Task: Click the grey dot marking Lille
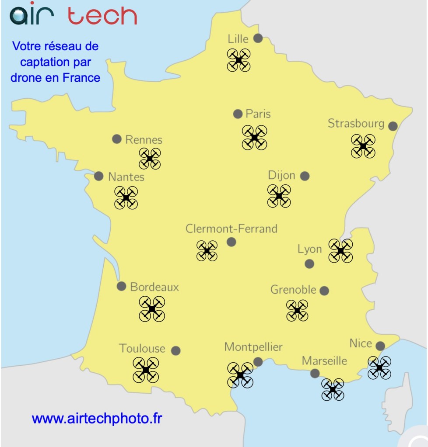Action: (x=258, y=38)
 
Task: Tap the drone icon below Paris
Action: (x=254, y=138)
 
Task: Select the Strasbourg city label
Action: (x=356, y=124)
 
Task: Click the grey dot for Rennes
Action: (x=116, y=139)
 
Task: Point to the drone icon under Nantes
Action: (x=126, y=198)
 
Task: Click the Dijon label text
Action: (x=281, y=176)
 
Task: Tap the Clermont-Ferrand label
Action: (x=231, y=229)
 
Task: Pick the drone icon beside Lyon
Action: (x=340, y=251)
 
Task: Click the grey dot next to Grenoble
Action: (x=324, y=291)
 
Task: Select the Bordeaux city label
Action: (x=154, y=287)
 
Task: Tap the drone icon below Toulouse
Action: (x=146, y=370)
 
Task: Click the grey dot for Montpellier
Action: (x=258, y=362)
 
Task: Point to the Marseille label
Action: (x=324, y=361)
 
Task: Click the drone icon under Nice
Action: (x=379, y=367)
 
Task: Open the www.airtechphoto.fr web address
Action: (x=97, y=419)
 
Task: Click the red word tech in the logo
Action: (x=102, y=16)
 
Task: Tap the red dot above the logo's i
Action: (x=32, y=3)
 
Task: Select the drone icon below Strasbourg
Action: (x=363, y=146)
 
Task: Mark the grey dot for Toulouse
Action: (x=176, y=350)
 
